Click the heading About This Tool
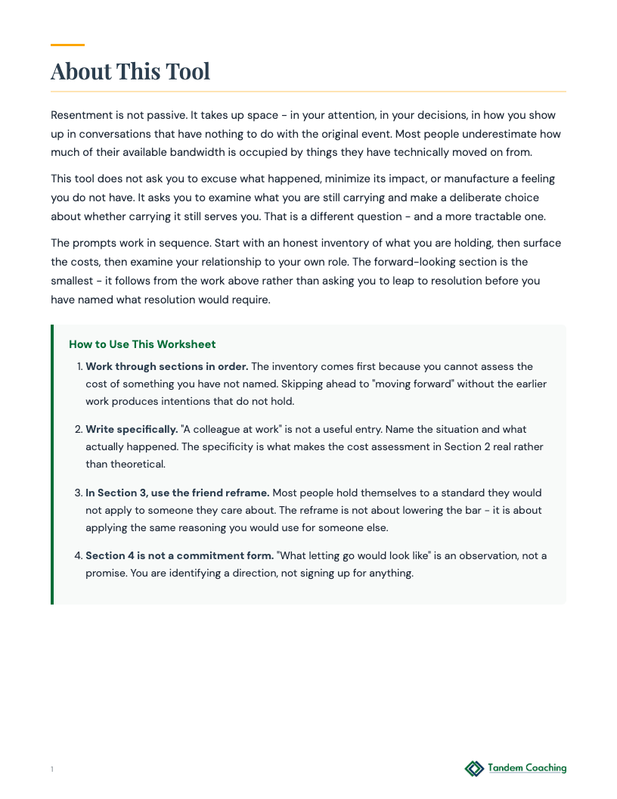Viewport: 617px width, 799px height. click(130, 71)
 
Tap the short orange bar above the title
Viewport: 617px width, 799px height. click(67, 45)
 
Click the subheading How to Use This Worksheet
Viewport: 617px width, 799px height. click(142, 344)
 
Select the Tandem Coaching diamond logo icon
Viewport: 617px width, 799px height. click(474, 769)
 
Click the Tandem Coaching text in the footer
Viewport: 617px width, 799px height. click(527, 768)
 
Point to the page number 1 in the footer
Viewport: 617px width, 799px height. click(52, 769)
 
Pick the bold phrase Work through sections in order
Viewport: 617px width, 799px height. click(166, 366)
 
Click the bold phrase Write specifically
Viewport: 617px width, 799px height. click(132, 429)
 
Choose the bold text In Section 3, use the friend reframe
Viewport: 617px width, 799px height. click(177, 493)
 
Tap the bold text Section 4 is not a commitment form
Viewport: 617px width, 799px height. click(179, 555)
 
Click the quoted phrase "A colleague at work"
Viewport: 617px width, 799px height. click(229, 429)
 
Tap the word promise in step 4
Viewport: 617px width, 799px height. click(106, 573)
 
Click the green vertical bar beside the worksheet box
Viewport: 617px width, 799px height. click(52, 465)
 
